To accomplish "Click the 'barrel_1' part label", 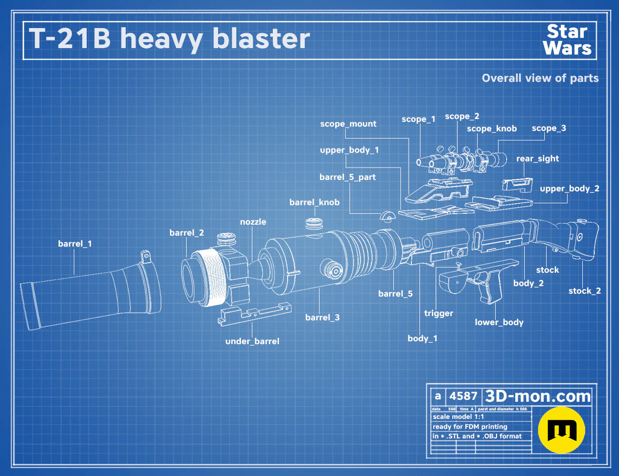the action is pos(75,244).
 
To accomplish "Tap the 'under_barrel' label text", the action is pos(252,341).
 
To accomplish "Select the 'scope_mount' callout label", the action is pos(348,124).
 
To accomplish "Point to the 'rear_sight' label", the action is pos(538,159).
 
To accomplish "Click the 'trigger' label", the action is pos(439,313).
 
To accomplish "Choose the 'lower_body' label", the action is pos(499,322).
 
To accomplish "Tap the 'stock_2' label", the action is pos(585,291).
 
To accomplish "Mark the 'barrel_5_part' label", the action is pos(348,178).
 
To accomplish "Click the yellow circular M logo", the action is pos(561,430).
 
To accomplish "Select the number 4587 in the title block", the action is pos(463,396).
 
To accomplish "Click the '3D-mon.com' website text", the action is pos(538,396).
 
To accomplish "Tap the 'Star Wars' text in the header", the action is pos(567,40).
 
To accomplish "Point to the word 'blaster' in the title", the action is pos(261,39).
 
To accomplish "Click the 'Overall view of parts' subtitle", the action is pos(540,78).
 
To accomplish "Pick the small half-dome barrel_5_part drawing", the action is pos(388,216).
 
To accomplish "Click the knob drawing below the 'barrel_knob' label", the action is pos(314,223).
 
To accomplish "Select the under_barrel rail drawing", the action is pos(254,314).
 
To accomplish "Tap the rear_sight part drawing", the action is pos(517,185).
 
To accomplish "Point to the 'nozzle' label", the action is pos(253,222).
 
